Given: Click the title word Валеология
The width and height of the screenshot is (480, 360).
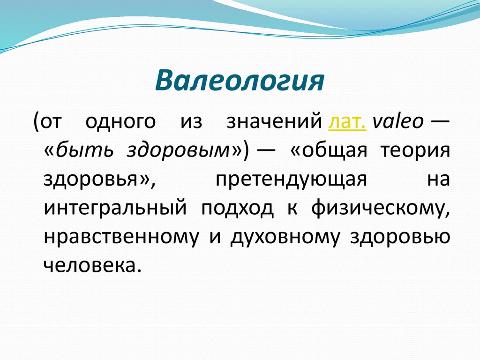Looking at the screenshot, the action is click(x=240, y=81).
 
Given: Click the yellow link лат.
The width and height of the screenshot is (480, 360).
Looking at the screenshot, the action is click(x=347, y=121).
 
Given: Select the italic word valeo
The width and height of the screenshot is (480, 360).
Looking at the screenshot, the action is click(x=398, y=121).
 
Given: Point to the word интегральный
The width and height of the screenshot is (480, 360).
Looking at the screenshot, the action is click(x=115, y=209).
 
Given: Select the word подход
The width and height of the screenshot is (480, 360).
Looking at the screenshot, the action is click(x=238, y=209).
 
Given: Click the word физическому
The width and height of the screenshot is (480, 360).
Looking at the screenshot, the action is click(x=381, y=209).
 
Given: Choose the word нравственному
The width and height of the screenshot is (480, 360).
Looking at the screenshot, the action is click(x=121, y=238).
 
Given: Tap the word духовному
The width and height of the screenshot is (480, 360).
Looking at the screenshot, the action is click(x=285, y=238).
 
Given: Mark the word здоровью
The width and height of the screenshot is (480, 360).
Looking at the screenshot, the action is click(x=400, y=238).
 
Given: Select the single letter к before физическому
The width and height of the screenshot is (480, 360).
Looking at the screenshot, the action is click(x=292, y=209).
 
